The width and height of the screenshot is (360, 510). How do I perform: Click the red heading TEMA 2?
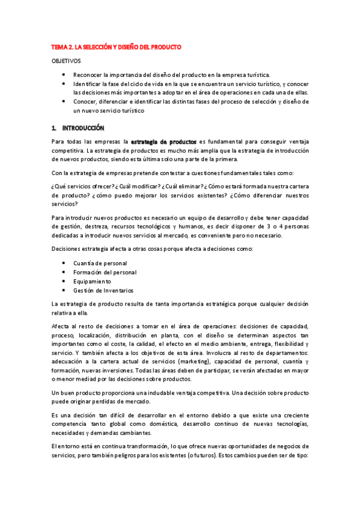point(116,47)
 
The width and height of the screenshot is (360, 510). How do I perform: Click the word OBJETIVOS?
point(67,61)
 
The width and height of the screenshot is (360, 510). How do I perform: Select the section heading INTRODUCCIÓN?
point(84,127)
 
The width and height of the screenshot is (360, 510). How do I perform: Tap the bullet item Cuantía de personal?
point(100,263)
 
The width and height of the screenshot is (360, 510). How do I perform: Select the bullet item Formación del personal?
point(105,272)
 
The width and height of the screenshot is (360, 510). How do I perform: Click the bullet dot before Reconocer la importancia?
point(64,75)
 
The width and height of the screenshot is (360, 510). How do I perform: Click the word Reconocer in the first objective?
point(87,75)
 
